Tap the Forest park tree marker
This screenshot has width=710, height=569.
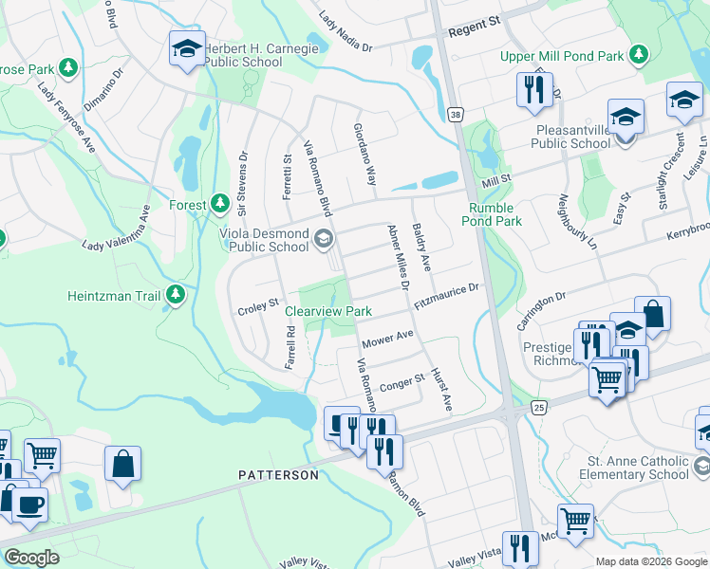(220, 204)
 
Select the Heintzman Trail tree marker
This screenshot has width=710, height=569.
(175, 295)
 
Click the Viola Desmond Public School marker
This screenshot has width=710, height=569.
(324, 239)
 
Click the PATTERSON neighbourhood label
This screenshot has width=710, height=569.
(278, 474)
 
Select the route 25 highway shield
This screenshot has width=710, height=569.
(539, 406)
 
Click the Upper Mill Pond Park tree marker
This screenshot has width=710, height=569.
(640, 56)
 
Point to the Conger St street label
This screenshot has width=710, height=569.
(402, 383)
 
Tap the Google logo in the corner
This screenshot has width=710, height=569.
(32, 557)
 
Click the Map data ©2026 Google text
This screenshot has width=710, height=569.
(650, 561)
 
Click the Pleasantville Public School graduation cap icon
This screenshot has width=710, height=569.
(626, 118)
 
